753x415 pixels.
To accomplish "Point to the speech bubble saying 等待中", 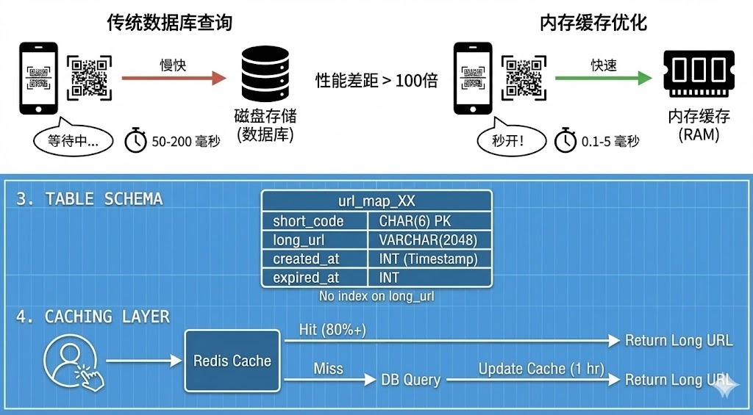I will click(73, 140).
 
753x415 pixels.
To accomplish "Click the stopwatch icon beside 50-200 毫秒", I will click(135, 140).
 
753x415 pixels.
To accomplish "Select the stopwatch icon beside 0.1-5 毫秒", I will click(565, 140).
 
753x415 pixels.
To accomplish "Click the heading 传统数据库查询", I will click(169, 23).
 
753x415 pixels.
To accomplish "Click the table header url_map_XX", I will click(376, 201).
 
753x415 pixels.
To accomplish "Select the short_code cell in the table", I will click(315, 221).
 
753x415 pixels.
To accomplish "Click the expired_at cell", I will click(315, 278).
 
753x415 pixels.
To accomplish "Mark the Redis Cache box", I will click(232, 361).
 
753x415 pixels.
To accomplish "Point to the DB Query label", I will click(410, 380).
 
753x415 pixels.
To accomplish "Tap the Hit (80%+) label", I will click(332, 330).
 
